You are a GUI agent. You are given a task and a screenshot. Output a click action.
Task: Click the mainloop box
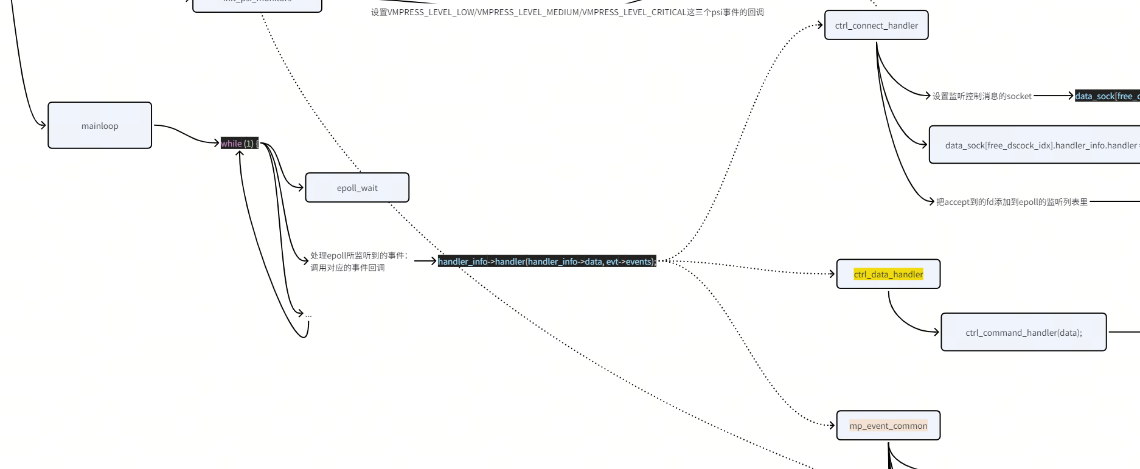coord(100,125)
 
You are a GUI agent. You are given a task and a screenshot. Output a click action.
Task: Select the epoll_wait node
coord(357,187)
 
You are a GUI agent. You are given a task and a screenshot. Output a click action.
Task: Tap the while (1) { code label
coord(239,144)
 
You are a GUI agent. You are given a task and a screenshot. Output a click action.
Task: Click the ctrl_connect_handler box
coord(876,26)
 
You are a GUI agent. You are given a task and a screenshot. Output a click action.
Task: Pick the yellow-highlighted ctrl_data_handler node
coord(888,274)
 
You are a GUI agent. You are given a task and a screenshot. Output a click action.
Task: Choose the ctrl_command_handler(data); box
coord(1023,332)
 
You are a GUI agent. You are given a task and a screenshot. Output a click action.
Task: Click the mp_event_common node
coord(888,426)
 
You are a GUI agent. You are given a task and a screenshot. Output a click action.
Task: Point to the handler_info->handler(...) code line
coord(547,262)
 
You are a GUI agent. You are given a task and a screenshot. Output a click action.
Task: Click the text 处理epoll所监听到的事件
coord(359,255)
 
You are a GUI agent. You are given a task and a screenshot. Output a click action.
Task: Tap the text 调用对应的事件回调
coord(347,268)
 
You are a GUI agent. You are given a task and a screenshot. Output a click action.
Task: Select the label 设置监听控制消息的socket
coord(982,96)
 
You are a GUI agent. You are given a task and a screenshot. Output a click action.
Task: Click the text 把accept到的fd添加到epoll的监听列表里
coord(1012,202)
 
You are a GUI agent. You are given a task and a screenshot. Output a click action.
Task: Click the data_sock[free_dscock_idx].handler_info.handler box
coord(1040,145)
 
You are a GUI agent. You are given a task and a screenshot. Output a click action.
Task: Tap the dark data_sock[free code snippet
coord(1107,96)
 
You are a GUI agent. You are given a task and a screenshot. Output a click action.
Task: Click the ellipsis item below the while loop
coord(308,314)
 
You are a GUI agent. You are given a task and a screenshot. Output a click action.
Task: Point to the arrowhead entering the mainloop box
coord(43,125)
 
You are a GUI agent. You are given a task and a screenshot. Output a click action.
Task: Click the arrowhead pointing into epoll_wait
coord(301,187)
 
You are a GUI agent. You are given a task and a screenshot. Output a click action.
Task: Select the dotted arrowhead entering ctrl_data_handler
coord(832,274)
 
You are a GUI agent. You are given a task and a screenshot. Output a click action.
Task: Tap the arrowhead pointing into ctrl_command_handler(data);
coord(936,332)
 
